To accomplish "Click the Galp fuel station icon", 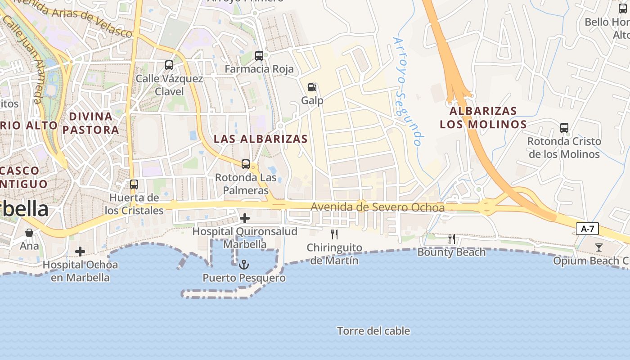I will [312, 87].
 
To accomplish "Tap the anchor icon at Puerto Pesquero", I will [244, 264].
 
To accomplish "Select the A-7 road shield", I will [587, 229].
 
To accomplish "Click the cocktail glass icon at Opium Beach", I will [598, 247].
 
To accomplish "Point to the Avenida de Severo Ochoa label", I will [378, 207].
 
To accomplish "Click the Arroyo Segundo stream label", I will [408, 91].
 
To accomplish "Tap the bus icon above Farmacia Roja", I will [259, 56].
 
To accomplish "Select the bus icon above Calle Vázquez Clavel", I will [169, 65].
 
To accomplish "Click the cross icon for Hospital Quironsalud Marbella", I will [244, 219].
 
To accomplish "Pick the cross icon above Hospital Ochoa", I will [80, 252].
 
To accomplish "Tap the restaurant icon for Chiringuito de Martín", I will [334, 234].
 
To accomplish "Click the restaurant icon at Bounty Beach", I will [452, 239].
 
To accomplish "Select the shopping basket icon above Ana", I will [29, 233].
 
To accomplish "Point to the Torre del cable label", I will [373, 331].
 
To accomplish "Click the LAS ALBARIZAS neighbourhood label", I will [261, 139].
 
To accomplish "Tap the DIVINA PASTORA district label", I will [90, 123].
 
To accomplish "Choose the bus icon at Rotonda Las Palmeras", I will [246, 164].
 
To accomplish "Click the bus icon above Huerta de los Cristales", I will [134, 184].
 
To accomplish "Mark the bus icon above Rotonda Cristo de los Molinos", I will [564, 128].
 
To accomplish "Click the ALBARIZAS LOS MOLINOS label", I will [483, 117].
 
